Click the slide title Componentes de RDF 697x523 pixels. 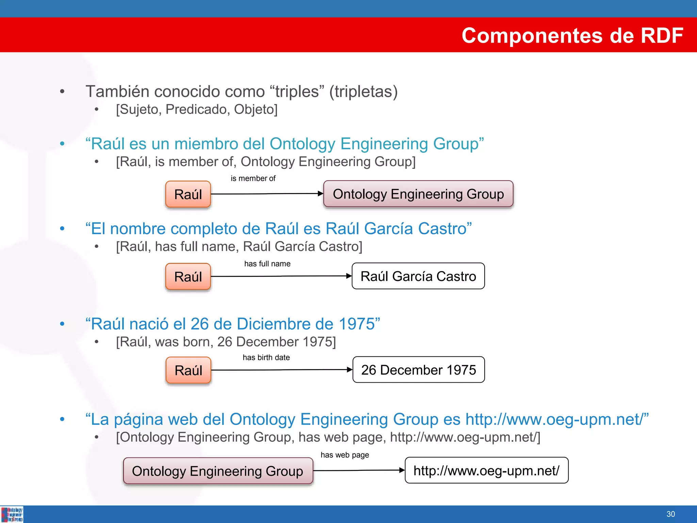click(572, 35)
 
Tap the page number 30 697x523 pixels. click(670, 514)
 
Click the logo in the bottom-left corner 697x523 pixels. click(12, 514)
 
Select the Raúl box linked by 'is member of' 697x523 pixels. click(188, 194)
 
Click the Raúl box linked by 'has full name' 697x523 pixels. click(188, 276)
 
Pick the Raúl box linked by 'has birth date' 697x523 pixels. click(188, 370)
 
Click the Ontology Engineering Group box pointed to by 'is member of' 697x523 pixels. click(418, 194)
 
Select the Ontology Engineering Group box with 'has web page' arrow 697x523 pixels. click(218, 471)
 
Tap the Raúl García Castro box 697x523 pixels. click(418, 276)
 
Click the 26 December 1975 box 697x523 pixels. click(418, 370)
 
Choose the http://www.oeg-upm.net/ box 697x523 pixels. click(486, 471)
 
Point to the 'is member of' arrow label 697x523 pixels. click(253, 178)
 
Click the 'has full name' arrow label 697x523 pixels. click(267, 264)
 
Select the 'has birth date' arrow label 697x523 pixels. click(266, 358)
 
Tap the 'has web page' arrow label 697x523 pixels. click(344, 455)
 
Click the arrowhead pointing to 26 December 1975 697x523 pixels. click(349, 370)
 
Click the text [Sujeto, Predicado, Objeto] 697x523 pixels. click(197, 109)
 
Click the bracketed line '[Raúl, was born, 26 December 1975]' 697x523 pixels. click(226, 342)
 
